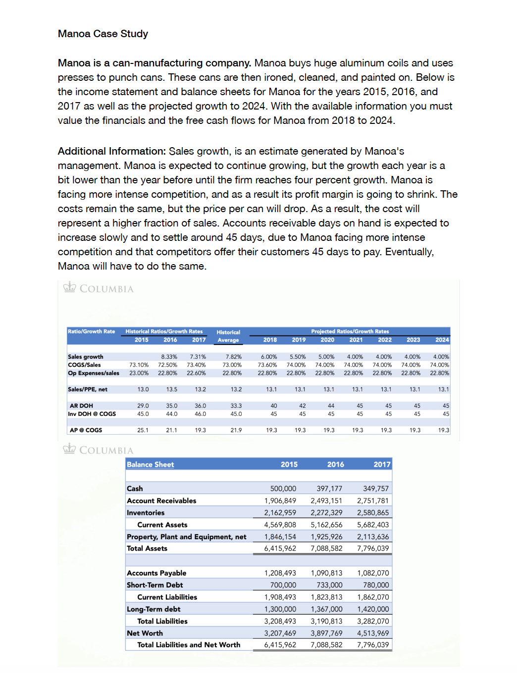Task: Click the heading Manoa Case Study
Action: (103, 34)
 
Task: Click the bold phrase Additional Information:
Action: (111, 151)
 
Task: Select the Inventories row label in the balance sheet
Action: (146, 513)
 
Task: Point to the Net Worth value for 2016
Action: (326, 633)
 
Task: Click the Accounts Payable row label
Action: (156, 573)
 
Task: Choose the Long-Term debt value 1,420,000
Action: (373, 609)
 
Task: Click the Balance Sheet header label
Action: (150, 465)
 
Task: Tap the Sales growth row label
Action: (86, 357)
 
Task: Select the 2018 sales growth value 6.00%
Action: (269, 357)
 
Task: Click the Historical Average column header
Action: (228, 336)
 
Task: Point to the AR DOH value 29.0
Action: (143, 406)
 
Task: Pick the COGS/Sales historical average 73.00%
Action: (232, 365)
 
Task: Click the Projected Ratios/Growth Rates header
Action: (350, 332)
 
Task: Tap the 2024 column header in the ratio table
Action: (442, 340)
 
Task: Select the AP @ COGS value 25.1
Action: (143, 430)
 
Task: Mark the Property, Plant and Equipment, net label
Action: (186, 537)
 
